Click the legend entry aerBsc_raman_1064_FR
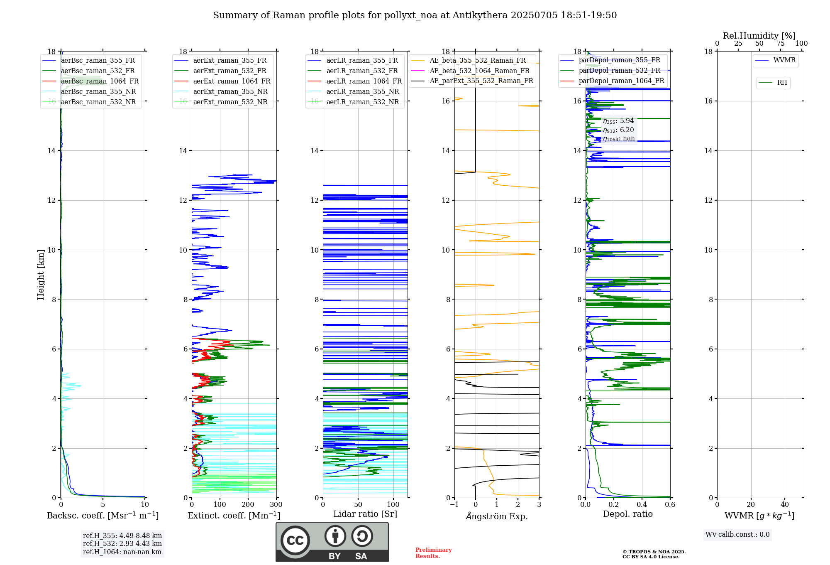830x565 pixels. (x=100, y=81)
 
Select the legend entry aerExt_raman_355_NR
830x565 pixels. (x=230, y=92)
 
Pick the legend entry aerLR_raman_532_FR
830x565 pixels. (x=362, y=71)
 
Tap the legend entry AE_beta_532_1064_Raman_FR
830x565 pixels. (x=479, y=71)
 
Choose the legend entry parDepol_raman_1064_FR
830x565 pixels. (x=621, y=81)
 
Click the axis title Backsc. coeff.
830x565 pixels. (x=103, y=516)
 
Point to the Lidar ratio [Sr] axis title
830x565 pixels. (x=365, y=514)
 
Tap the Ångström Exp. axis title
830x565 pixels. (x=497, y=516)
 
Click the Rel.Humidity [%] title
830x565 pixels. (x=759, y=36)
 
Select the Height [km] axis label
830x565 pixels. (x=41, y=275)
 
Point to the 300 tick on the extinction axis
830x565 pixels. (x=276, y=505)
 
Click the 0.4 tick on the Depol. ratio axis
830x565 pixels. (x=642, y=505)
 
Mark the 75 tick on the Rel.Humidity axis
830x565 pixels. (x=780, y=44)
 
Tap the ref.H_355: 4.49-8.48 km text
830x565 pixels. (x=122, y=536)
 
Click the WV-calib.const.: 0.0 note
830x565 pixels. (x=737, y=535)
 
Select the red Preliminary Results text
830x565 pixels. (x=433, y=553)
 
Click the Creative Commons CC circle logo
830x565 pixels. (x=295, y=540)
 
